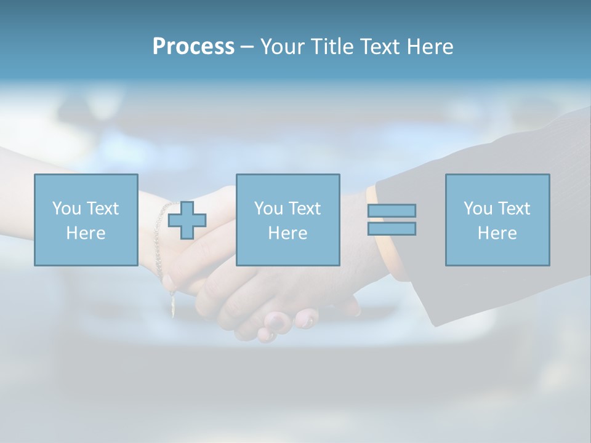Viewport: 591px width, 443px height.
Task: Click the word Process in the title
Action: pos(193,47)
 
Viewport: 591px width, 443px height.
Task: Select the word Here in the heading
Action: pos(429,47)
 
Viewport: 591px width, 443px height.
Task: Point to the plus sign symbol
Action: pos(187,220)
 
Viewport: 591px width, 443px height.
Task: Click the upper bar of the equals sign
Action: pos(392,210)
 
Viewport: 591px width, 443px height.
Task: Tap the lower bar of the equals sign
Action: pos(392,228)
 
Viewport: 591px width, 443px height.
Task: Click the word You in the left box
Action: pos(66,209)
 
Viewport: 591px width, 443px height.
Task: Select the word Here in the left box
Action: pos(86,233)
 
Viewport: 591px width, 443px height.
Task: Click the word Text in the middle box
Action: pos(305,209)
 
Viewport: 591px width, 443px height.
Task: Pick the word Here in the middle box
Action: pos(287,233)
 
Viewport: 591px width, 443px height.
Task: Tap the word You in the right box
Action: pos(478,209)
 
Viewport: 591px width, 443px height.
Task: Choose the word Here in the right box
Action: pos(497,233)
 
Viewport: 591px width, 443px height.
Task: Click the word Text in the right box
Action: pos(514,209)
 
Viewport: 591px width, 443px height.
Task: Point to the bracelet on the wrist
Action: pos(159,240)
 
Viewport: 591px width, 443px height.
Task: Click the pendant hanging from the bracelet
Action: pos(172,306)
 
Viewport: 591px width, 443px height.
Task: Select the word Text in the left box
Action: pos(103,209)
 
